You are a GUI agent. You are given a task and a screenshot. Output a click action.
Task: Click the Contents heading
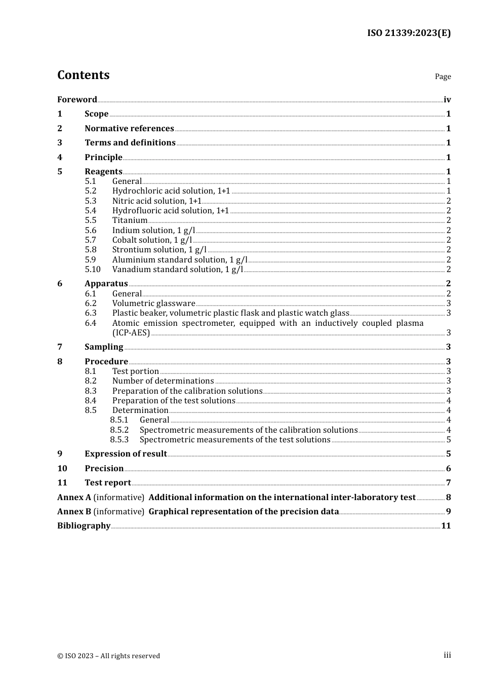(83, 75)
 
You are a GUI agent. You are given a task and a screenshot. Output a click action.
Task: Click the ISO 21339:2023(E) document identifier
(409, 33)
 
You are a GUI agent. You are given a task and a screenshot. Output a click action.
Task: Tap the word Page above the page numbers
(443, 77)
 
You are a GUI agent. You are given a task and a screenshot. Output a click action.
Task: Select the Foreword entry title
(77, 99)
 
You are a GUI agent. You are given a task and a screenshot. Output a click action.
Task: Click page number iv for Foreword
(447, 99)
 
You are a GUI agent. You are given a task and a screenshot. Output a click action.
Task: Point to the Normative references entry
(129, 128)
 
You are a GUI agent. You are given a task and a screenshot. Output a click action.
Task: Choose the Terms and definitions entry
(130, 142)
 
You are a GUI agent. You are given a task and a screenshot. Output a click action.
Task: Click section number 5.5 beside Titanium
(91, 220)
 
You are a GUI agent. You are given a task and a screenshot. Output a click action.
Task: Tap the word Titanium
(130, 220)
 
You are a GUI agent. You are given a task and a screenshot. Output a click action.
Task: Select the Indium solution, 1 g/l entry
(153, 230)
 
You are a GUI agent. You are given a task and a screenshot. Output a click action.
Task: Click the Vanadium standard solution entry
(177, 269)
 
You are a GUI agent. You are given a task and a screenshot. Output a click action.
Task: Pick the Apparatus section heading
(106, 283)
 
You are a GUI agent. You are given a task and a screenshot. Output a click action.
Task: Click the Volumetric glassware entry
(153, 303)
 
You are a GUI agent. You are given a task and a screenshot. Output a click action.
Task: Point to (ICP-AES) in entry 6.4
(131, 332)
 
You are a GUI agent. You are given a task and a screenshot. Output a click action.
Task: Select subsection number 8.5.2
(119, 430)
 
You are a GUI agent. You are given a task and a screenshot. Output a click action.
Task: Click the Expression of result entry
(126, 453)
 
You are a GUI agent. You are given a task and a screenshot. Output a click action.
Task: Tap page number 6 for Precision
(448, 468)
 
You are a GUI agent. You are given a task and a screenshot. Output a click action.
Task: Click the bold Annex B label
(74, 511)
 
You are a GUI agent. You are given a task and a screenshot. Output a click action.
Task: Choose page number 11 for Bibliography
(446, 525)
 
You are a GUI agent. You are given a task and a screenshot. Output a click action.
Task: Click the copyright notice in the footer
(108, 656)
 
